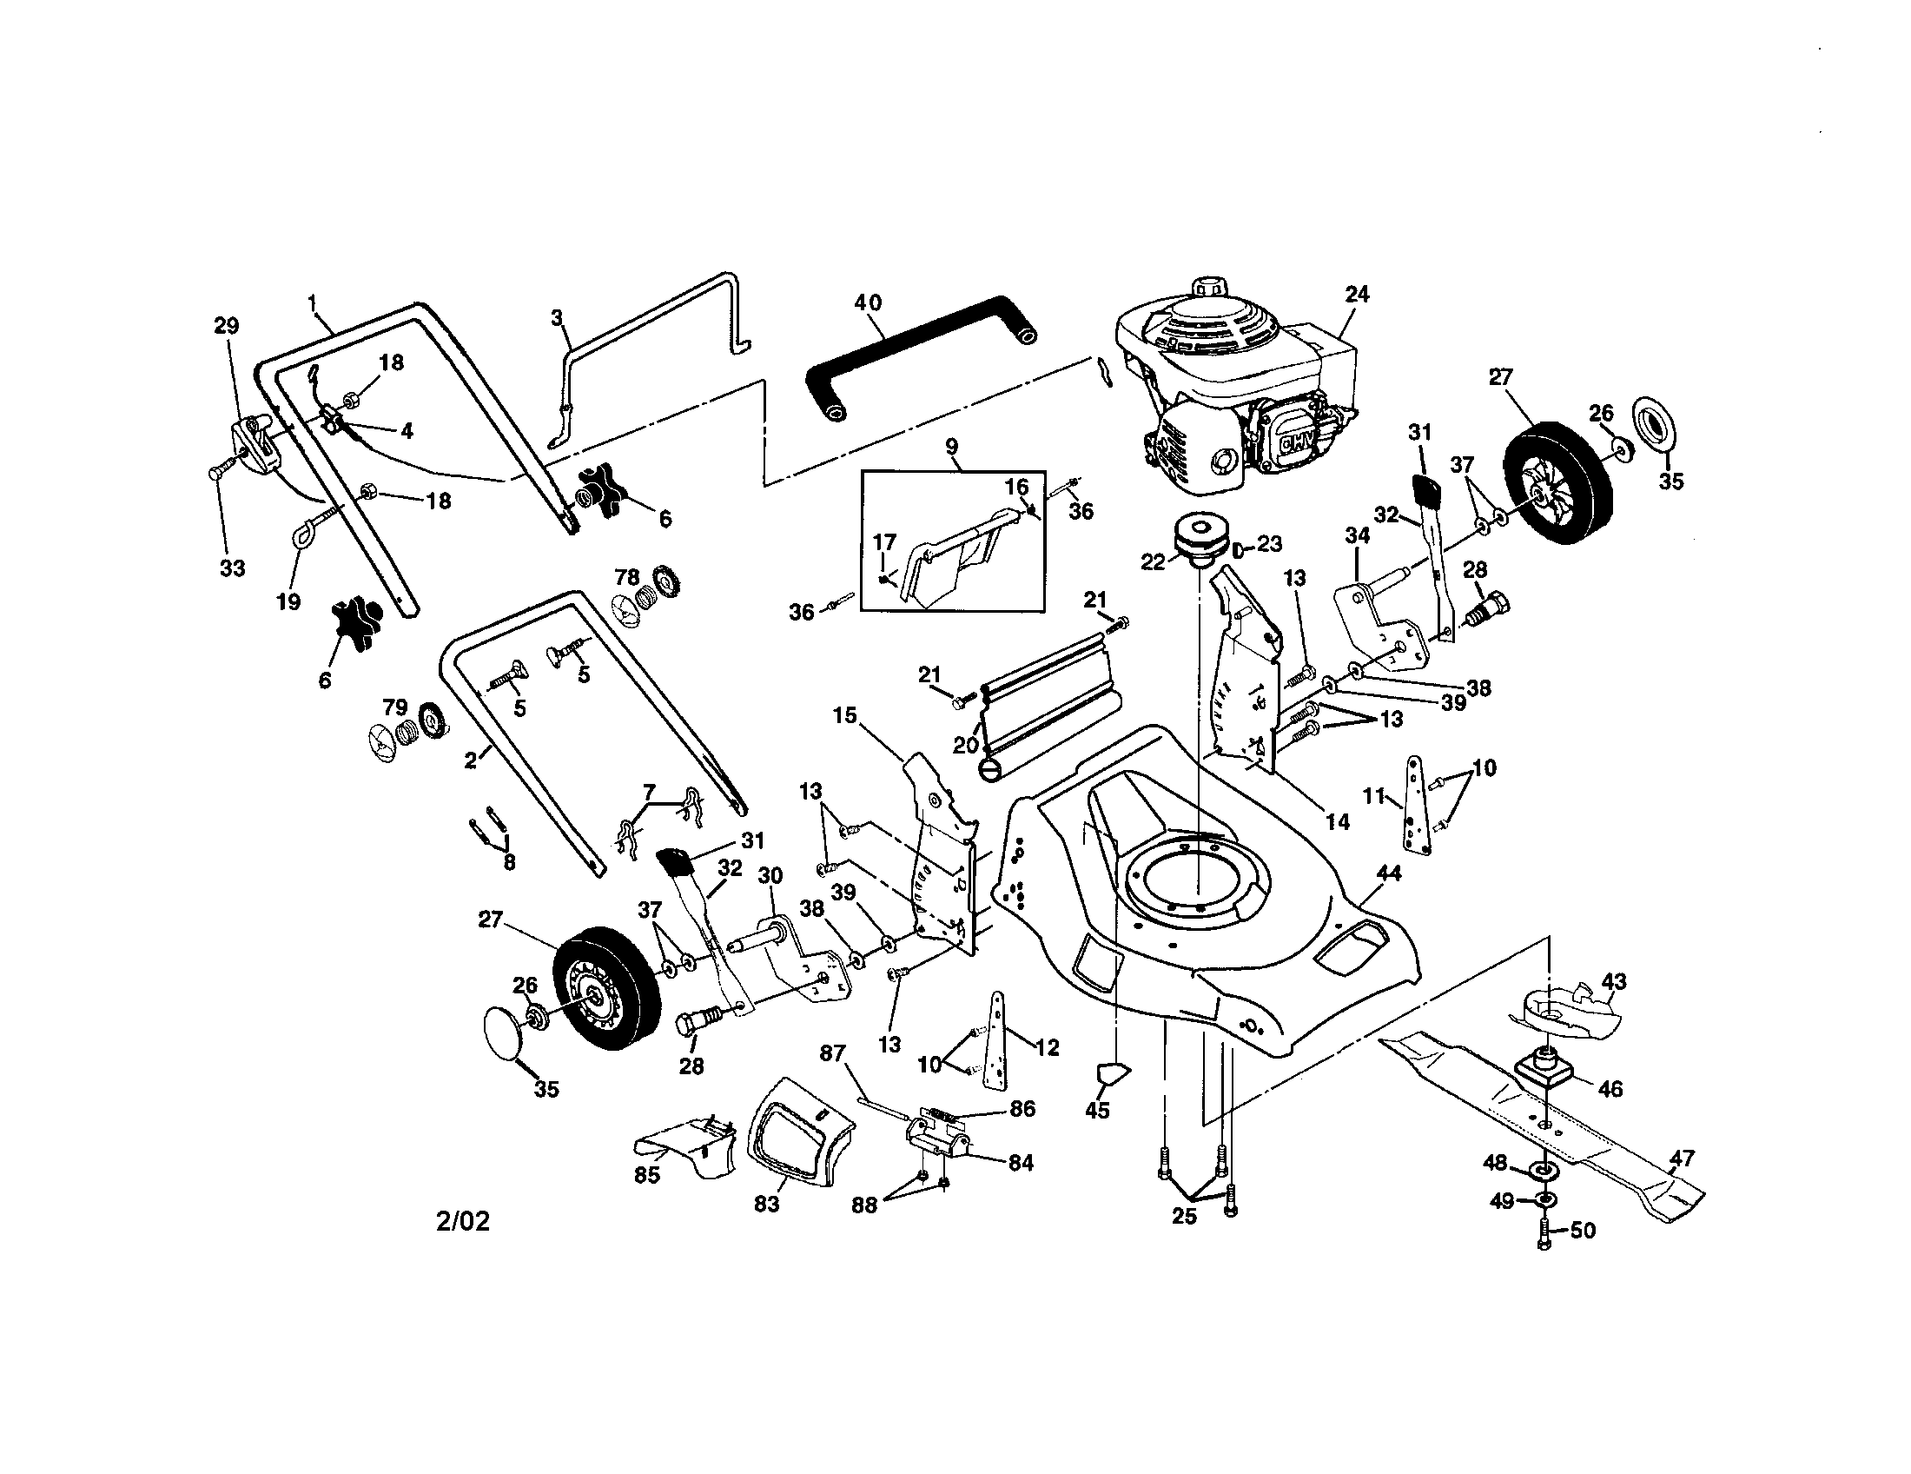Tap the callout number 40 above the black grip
[868, 302]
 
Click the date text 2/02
[463, 1222]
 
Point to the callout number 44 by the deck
[1389, 873]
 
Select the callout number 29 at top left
[226, 327]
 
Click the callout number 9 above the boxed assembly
[952, 447]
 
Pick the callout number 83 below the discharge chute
[766, 1205]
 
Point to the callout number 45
[1097, 1111]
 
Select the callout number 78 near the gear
[626, 577]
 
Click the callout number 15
[844, 715]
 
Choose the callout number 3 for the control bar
[557, 318]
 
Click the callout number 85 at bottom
[646, 1175]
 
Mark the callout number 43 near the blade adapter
[1614, 981]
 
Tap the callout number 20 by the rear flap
[965, 745]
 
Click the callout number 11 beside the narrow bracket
[1375, 795]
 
